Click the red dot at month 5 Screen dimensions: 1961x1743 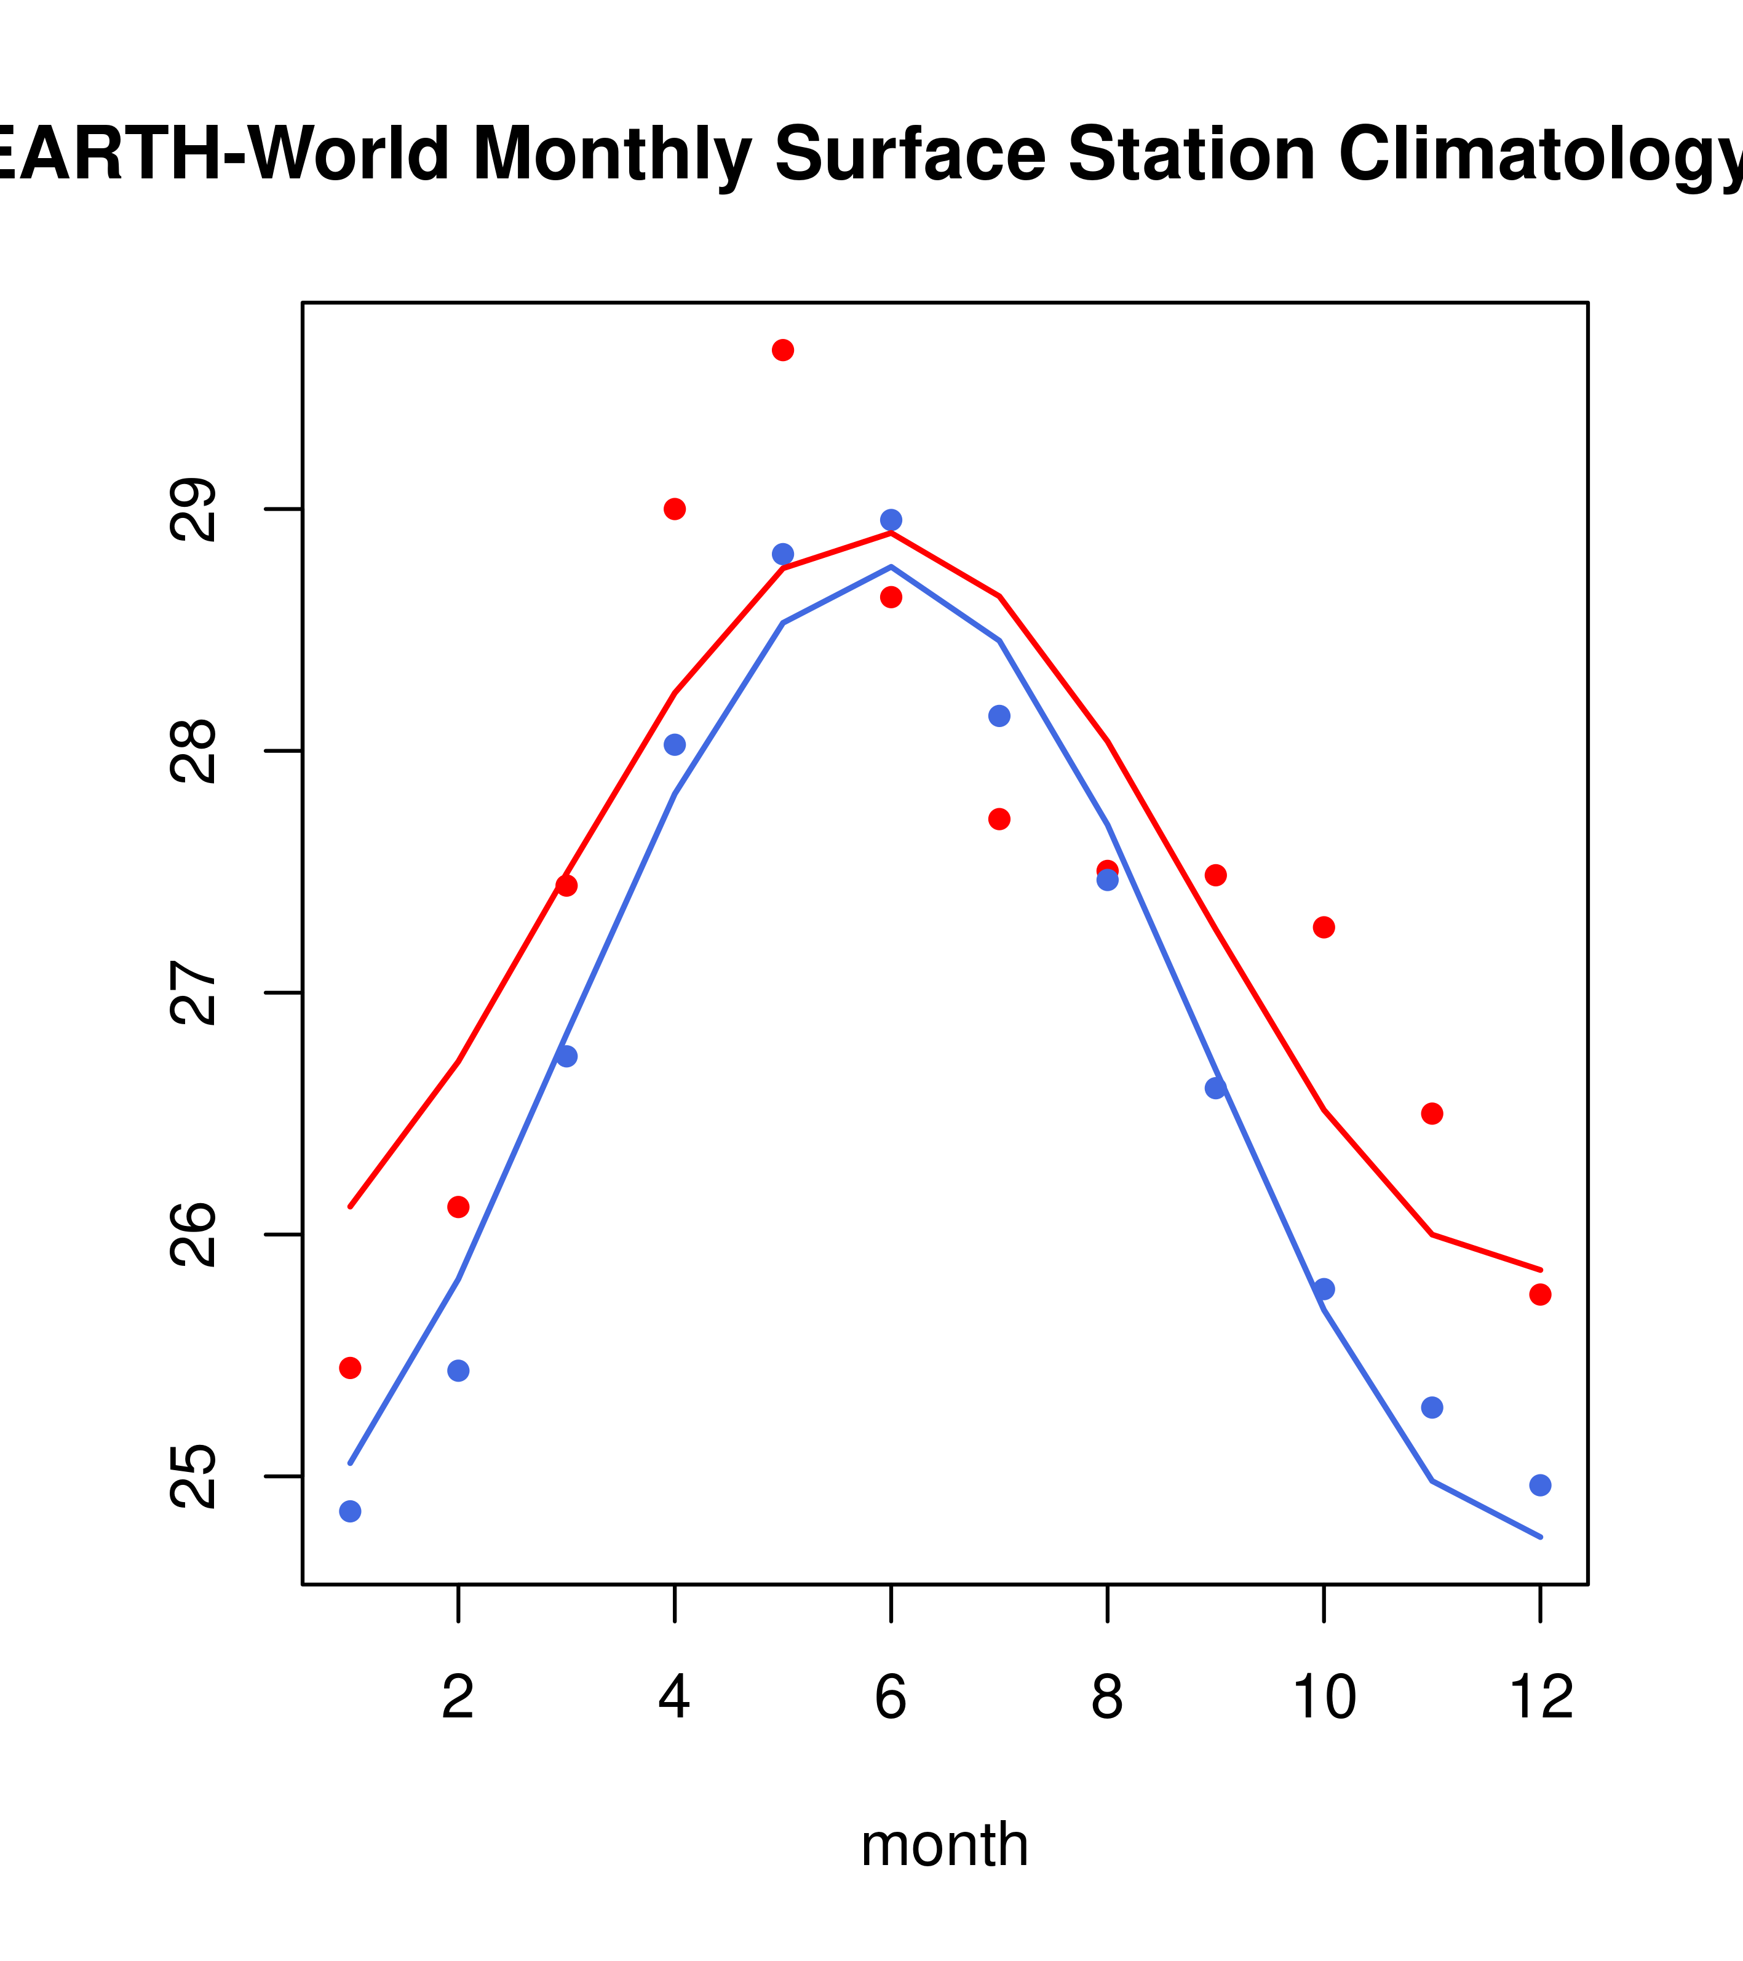click(783, 350)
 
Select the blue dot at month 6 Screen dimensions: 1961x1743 click(891, 520)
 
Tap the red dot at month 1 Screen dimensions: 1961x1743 click(350, 1368)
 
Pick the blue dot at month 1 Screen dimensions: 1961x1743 click(350, 1511)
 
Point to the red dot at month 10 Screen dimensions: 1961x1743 click(1324, 928)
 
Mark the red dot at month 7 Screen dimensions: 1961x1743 click(999, 818)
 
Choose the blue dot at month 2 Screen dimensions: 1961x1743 click(459, 1370)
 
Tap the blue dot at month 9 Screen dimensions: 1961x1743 click(1215, 1088)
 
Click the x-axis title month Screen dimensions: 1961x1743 click(945, 1844)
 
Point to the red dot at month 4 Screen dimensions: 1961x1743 click(674, 509)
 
